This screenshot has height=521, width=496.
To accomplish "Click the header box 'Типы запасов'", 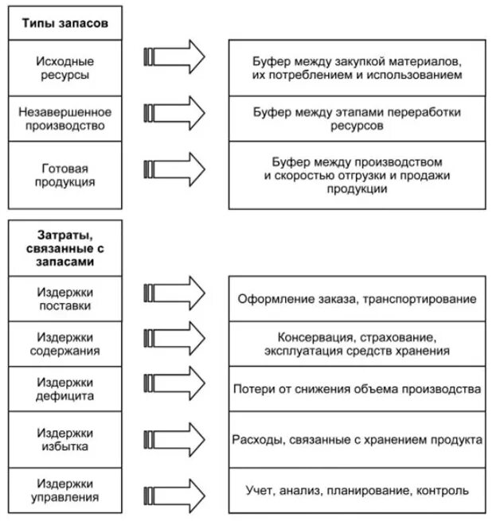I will pyautogui.click(x=65, y=23).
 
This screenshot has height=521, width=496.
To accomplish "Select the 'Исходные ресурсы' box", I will pyautogui.click(x=65, y=68).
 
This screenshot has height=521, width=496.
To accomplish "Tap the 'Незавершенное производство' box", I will pyautogui.click(x=65, y=119).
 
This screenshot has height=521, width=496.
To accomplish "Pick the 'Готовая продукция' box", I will pyautogui.click(x=65, y=175).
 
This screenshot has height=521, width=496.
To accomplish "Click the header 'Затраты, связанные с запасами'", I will pyautogui.click(x=65, y=248).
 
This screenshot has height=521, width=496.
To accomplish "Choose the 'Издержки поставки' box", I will pyautogui.click(x=65, y=298).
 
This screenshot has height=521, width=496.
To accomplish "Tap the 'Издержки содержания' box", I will pyautogui.click(x=65, y=343).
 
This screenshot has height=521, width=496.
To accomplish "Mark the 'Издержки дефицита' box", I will pyautogui.click(x=65, y=388).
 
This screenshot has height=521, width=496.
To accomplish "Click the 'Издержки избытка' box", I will pyautogui.click(x=65, y=439).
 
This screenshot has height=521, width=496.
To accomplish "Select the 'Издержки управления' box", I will pyautogui.click(x=65, y=490).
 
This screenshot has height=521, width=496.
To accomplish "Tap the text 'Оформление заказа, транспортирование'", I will pyautogui.click(x=357, y=299).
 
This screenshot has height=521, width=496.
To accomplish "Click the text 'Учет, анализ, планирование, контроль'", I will pyautogui.click(x=357, y=491).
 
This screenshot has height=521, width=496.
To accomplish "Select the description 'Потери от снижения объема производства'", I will pyautogui.click(x=357, y=390).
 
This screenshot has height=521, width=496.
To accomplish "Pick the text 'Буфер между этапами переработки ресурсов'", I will pyautogui.click(x=357, y=119).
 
